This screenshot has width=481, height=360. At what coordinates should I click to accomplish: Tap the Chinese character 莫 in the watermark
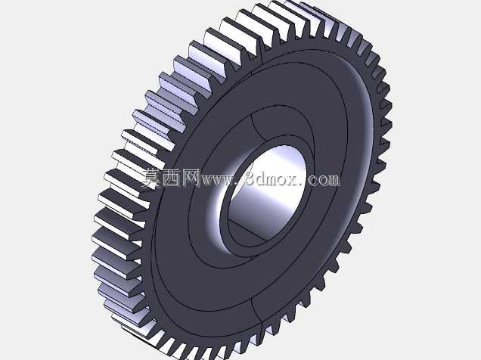[152, 178]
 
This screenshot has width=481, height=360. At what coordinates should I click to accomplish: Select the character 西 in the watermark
[171, 178]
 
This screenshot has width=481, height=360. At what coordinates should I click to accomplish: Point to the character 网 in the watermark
[191, 178]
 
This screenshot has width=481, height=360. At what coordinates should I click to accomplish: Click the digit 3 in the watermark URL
[250, 178]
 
